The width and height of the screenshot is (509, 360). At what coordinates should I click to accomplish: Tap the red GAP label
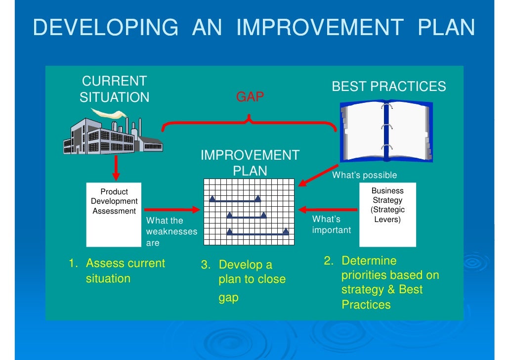(x=250, y=97)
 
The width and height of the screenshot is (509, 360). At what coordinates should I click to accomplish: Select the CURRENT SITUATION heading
(x=114, y=89)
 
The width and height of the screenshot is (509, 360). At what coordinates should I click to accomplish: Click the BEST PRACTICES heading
(x=388, y=87)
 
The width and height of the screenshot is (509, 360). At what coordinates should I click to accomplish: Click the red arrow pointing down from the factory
(x=116, y=168)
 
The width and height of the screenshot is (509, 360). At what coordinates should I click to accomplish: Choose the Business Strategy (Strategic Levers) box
(x=387, y=214)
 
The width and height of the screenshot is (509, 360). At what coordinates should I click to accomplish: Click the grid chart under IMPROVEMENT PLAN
(x=250, y=212)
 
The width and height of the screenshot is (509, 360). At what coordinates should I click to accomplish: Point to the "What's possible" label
(x=364, y=175)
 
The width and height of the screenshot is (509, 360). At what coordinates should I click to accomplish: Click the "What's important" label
(x=332, y=225)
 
